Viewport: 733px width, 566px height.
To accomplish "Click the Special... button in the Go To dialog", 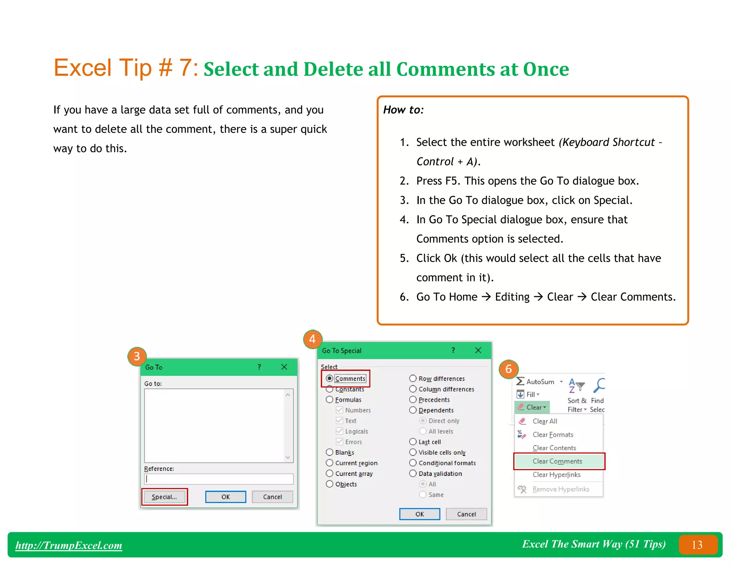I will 164,497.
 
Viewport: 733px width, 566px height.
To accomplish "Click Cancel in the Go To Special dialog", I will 466,514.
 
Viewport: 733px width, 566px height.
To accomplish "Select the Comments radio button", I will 330,379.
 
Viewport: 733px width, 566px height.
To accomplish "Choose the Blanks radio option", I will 330,453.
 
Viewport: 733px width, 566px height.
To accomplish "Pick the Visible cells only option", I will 413,453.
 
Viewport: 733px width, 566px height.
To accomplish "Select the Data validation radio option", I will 413,474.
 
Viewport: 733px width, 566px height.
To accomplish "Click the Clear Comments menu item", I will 557,462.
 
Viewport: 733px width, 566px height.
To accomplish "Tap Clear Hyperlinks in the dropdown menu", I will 556,475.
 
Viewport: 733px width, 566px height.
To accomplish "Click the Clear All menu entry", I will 545,421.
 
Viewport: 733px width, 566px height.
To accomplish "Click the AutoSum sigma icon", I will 520,381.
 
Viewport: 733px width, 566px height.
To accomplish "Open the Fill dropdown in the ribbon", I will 533,395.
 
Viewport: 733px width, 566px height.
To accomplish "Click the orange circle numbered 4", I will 312,339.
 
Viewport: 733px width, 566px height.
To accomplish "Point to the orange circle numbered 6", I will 508,369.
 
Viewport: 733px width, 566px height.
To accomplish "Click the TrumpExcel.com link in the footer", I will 69,545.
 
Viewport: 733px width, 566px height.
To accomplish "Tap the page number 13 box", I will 697,545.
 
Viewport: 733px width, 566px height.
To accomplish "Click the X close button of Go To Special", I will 478,351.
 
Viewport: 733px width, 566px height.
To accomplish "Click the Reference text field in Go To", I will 219,479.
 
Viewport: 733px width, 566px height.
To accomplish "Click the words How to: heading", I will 403,110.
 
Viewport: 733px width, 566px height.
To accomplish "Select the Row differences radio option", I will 413,379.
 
